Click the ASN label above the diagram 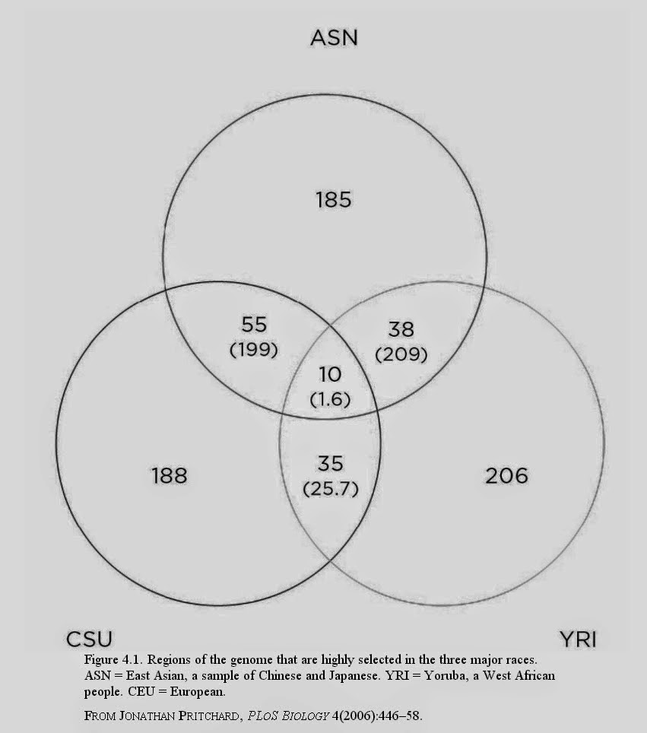pos(334,38)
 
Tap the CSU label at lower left pos(89,639)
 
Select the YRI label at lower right pos(578,639)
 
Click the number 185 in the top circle pos(333,200)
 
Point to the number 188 pos(170,476)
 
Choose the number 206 pos(507,476)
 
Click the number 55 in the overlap pos(254,325)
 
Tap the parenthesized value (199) pos(254,350)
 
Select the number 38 pos(401,329)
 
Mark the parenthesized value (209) pos(401,354)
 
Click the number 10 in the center pos(330,374)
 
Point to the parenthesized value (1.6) pos(330,399)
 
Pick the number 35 pos(331,464)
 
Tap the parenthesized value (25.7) pos(331,489)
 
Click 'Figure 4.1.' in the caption pos(113,660)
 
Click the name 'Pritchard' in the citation pos(210,716)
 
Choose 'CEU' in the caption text pos(141,691)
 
